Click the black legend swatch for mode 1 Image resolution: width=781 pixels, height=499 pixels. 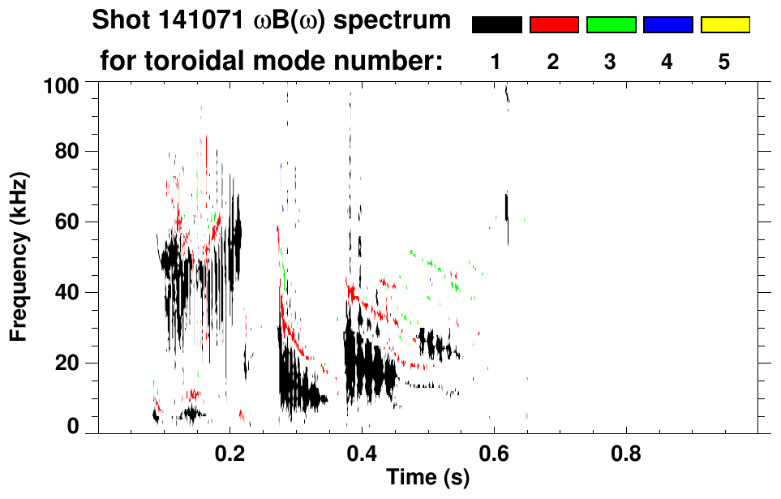(x=496, y=25)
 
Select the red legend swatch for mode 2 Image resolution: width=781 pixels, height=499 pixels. (x=554, y=25)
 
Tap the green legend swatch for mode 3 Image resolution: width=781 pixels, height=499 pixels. (x=611, y=25)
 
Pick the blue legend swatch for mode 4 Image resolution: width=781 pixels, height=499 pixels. (x=667, y=25)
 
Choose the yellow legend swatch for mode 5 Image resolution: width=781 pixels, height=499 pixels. (x=724, y=25)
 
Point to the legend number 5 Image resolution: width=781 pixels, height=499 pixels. (x=724, y=62)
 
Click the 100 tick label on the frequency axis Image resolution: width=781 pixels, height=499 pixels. (x=61, y=84)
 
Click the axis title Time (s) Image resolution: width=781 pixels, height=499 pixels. (x=427, y=478)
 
